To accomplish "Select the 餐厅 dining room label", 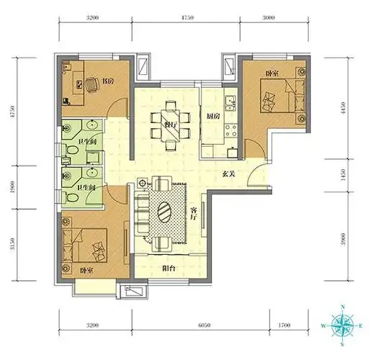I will click(171, 124).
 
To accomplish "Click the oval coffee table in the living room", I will click(164, 213).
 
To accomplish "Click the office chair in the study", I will click(91, 85).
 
